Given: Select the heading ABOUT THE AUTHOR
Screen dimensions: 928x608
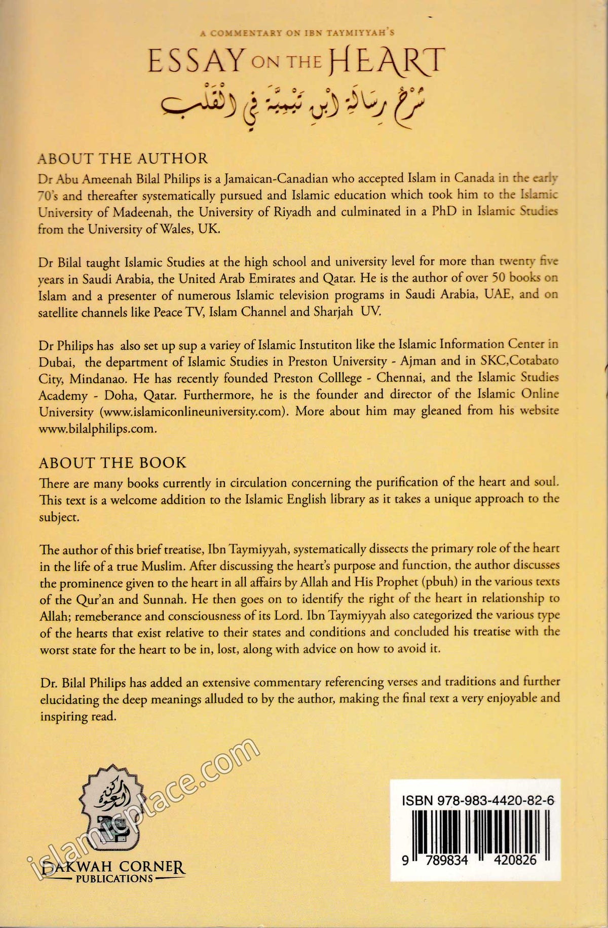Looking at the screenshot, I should pos(123,159).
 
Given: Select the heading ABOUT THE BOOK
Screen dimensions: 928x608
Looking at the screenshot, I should pos(112,462).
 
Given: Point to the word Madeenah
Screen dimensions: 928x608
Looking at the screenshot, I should pos(126,212).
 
